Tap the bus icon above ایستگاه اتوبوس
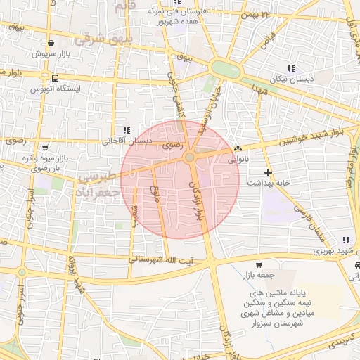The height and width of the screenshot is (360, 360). pos(55,78)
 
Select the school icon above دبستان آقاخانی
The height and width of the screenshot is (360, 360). pos(126,130)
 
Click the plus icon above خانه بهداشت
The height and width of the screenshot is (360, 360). pos(267,172)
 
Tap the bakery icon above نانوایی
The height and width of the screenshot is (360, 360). pos(238,149)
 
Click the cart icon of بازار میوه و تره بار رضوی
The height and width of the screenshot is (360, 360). pos(46,148)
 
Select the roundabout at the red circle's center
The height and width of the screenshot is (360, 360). pos(190,157)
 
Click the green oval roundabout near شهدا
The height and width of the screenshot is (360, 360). pos(226,70)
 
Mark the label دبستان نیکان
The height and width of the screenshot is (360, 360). pos(290,79)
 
